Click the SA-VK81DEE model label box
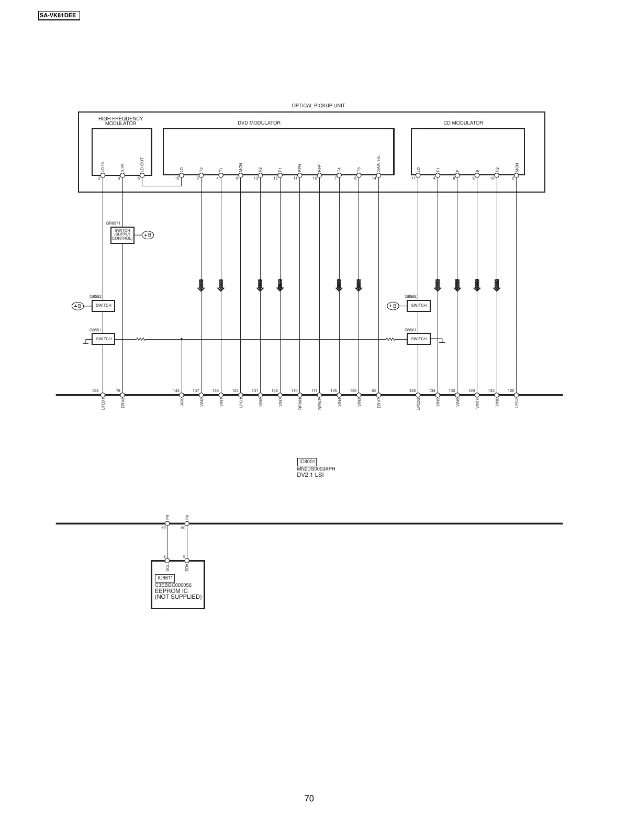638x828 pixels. pos(59,16)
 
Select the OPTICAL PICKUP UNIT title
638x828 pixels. pos(318,106)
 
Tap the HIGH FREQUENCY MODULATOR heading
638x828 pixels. pos(120,121)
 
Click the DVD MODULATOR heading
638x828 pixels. pos(259,123)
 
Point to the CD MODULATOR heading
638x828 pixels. pos(463,123)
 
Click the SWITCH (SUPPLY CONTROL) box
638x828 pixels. pos(122,235)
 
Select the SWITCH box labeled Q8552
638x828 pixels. pos(104,306)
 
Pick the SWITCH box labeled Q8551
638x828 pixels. pos(104,339)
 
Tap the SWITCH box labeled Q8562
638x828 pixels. pos(419,306)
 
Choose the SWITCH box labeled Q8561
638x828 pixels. pos(419,339)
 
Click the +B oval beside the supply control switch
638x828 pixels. pos(148,235)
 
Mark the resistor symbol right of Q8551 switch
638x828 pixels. pos(141,339)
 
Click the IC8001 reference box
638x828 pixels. pos(307,462)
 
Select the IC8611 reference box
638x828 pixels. pos(165,578)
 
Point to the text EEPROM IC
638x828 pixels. pos(171,591)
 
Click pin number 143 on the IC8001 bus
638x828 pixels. pos(176,391)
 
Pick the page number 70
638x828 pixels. pos(309,798)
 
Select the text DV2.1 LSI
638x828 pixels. pos(310,475)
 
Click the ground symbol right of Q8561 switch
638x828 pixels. pos(442,341)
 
